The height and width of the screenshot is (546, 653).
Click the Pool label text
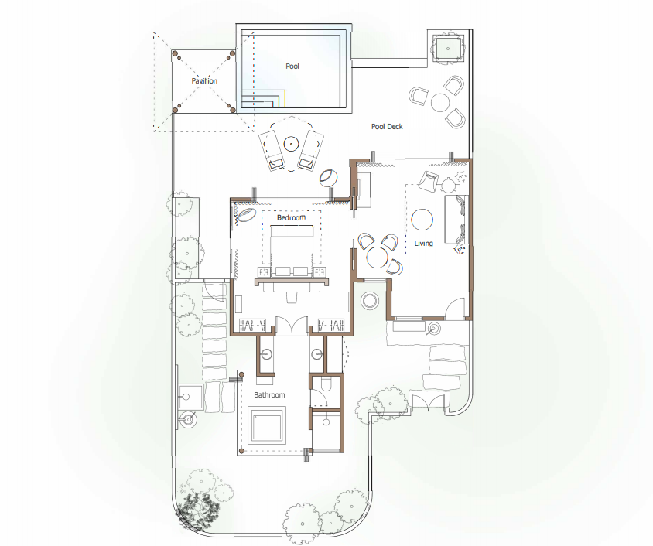tap(292, 67)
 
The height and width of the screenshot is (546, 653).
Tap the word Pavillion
tap(204, 80)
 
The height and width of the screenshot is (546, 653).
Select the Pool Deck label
tap(387, 127)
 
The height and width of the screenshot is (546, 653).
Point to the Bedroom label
tap(291, 217)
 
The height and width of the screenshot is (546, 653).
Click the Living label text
tap(423, 244)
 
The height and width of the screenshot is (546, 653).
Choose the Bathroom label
tap(269, 395)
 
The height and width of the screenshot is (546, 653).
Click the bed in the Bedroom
tap(292, 251)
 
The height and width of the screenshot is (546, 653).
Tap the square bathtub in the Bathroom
tap(267, 425)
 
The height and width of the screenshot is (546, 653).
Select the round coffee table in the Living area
tap(422, 220)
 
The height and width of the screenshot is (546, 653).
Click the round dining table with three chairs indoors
tap(378, 258)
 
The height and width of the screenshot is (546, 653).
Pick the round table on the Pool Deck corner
tap(439, 102)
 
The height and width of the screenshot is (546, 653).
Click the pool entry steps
tap(263, 99)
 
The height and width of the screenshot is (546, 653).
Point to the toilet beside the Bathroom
tap(325, 384)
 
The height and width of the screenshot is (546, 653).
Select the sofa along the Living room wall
tap(456, 220)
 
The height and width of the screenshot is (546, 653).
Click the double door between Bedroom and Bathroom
tap(292, 325)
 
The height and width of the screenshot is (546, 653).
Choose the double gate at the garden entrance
tap(429, 401)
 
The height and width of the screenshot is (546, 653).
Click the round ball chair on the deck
tap(329, 178)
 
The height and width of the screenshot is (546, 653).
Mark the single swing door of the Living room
tap(454, 309)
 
